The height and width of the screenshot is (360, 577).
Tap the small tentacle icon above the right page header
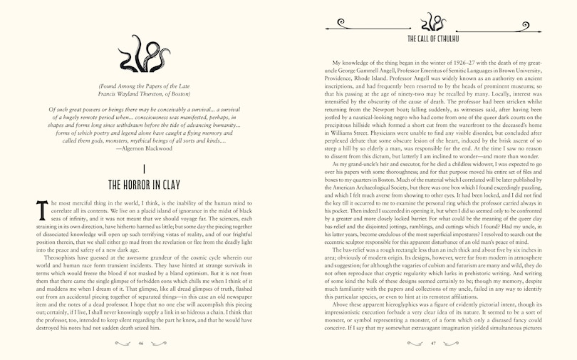click(x=432, y=21)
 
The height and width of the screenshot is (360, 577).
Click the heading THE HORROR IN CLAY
click(x=144, y=185)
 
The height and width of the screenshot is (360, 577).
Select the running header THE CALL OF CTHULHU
click(x=432, y=39)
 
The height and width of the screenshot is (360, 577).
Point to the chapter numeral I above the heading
click(x=144, y=168)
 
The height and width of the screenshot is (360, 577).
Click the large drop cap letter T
click(x=41, y=210)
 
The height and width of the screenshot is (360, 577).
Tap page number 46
click(x=141, y=343)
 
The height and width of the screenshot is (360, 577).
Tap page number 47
click(x=432, y=343)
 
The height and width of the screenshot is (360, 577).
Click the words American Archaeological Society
click(x=371, y=180)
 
